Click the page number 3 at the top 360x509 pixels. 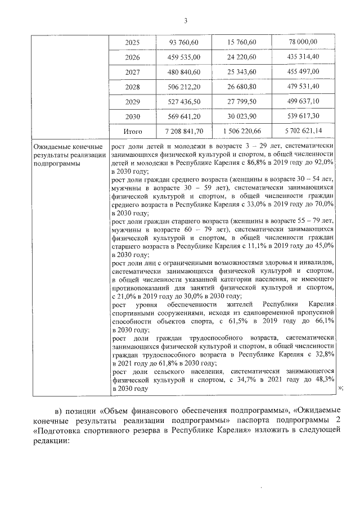(x=186, y=21)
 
